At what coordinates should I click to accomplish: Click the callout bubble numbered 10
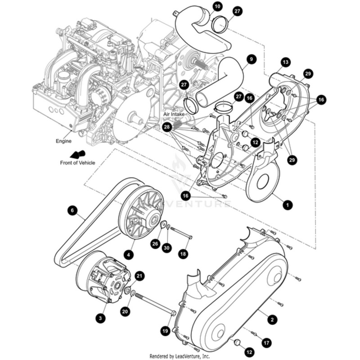point(217,6)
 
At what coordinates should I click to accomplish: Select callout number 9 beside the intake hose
point(251,58)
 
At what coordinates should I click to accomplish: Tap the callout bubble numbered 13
point(285,62)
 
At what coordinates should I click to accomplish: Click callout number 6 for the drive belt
point(72,210)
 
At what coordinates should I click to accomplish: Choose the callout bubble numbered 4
point(129,255)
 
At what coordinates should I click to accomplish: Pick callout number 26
point(155,244)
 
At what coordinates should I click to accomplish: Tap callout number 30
point(166,248)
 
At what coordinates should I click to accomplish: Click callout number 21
point(139,276)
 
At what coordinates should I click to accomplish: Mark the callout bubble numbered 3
point(101,318)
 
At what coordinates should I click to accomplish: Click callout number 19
point(166,331)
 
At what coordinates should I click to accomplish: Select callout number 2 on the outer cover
point(271,319)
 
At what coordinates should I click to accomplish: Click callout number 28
point(167,128)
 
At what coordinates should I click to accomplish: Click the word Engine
point(63,141)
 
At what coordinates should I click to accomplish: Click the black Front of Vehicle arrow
point(75,154)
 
